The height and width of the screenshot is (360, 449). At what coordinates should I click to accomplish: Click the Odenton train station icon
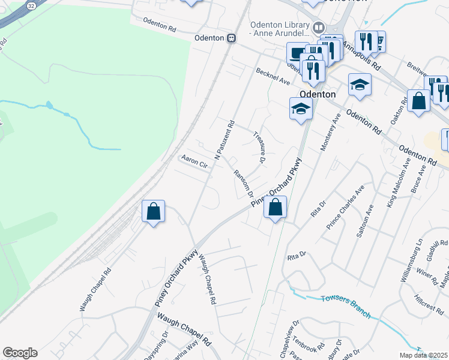point(231,38)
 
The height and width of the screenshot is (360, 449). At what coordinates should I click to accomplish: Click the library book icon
point(319,27)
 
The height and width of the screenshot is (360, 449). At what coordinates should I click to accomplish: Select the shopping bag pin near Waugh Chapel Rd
point(154,211)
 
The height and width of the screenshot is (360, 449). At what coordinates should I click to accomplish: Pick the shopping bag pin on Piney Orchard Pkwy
point(275,208)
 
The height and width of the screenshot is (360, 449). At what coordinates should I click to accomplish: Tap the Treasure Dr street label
point(259,147)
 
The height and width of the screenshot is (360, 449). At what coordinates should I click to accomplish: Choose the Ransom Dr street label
point(243,183)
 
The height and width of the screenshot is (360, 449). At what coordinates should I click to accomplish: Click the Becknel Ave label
point(273,76)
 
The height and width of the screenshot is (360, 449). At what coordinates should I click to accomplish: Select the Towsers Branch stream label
point(346,306)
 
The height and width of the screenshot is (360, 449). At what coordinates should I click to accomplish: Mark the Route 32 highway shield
point(30,5)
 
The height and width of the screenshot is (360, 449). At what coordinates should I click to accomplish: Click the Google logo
point(20,353)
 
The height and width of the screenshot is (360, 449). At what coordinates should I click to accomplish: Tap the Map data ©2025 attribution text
point(423,355)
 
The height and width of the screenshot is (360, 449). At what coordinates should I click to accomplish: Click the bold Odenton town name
point(317,94)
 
